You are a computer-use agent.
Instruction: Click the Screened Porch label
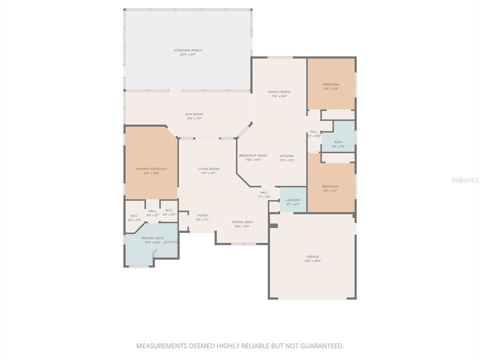click(187, 50)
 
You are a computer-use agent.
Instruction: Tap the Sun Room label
click(194, 114)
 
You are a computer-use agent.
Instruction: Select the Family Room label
click(279, 92)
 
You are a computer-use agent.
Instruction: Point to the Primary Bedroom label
click(151, 169)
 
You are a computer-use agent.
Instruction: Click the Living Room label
click(208, 169)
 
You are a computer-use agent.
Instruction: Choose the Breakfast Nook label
click(253, 155)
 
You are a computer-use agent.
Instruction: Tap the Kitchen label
click(287, 155)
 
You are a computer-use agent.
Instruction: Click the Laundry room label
click(292, 200)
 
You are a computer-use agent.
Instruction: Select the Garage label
click(312, 257)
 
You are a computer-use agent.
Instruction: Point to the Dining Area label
click(241, 221)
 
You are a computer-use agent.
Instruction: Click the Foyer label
click(202, 215)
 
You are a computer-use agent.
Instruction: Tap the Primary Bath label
click(152, 238)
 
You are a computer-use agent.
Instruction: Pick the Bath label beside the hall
click(338, 142)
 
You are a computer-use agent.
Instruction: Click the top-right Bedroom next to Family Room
click(331, 84)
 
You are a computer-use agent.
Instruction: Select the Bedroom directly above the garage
click(331, 186)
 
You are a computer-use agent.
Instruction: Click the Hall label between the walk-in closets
click(152, 211)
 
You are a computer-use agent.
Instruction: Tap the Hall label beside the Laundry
click(264, 192)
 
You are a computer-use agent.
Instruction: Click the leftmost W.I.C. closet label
click(134, 215)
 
